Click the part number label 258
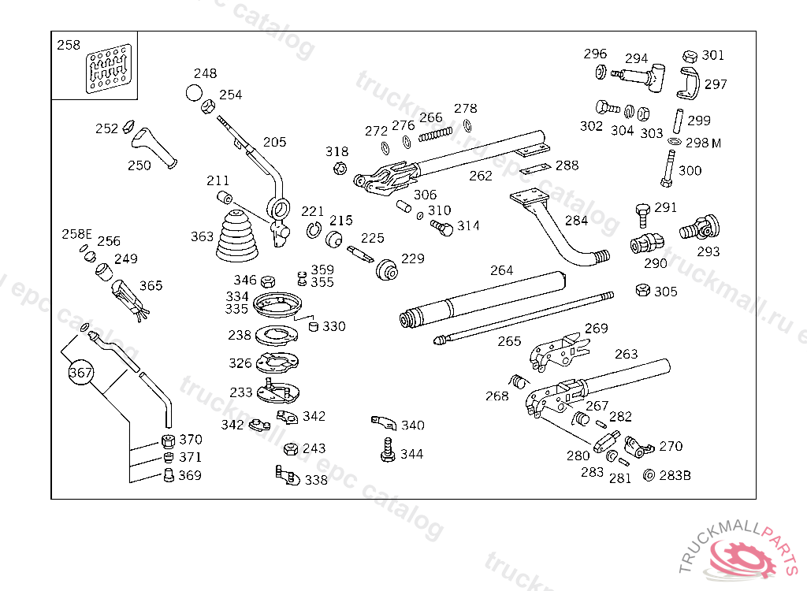pos(69,45)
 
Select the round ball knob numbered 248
pos(194,93)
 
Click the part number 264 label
pos(501,270)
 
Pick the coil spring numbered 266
pos(436,136)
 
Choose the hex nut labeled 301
pos(690,56)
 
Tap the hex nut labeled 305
pos(642,291)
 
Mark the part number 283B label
pos(675,475)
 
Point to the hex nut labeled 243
pos(290,449)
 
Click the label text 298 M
pos(703,143)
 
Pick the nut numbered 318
pos(340,168)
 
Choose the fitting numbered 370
pos(167,440)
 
